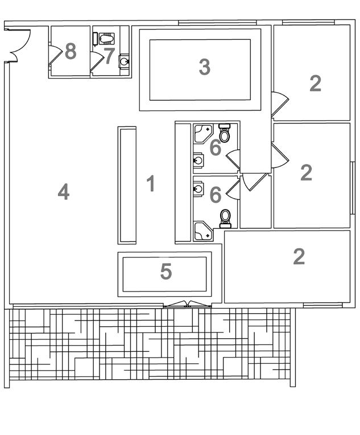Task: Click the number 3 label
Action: [204, 67]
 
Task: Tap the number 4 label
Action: [64, 192]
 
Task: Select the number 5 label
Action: [165, 272]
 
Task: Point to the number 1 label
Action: [151, 184]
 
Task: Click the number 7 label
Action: [109, 56]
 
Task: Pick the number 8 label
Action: [71, 51]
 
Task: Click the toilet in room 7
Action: [106, 38]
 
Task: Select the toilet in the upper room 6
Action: [225, 134]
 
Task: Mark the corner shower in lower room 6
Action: [202, 230]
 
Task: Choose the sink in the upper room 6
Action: [198, 161]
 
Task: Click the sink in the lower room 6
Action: [198, 187]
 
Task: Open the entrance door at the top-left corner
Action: [17, 42]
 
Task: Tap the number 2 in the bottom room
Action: [299, 257]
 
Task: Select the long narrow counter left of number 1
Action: [127, 185]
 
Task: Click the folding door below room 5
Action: [188, 304]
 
